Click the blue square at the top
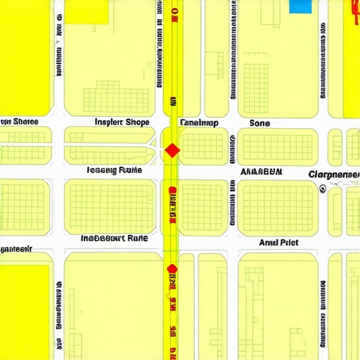(300, 6)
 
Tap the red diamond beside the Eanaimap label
(172, 150)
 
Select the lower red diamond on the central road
(171, 268)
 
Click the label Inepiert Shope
(122, 122)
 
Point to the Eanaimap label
(199, 122)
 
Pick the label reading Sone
(259, 122)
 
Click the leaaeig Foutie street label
(114, 170)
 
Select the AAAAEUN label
(262, 171)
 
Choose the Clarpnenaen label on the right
(334, 174)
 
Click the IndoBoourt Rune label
(114, 238)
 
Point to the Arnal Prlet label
(278, 243)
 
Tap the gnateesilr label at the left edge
(17, 249)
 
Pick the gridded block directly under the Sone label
(276, 145)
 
